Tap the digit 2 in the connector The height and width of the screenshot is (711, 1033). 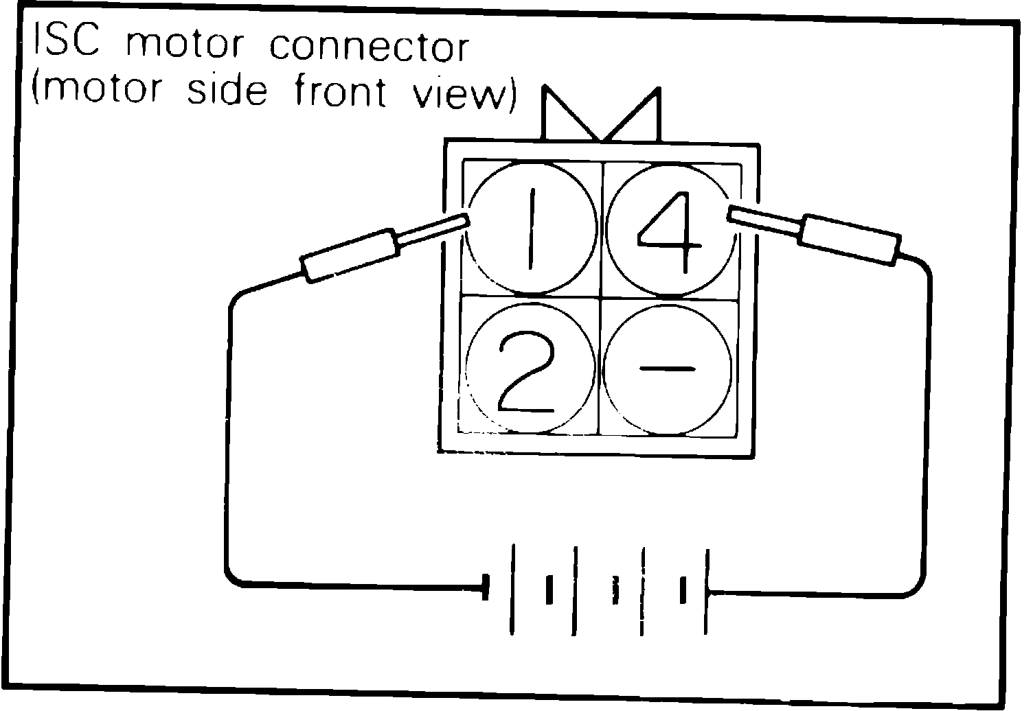[523, 371]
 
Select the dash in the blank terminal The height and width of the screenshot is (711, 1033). [666, 369]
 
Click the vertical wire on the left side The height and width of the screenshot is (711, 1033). [228, 439]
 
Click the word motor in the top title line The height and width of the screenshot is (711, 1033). [185, 45]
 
